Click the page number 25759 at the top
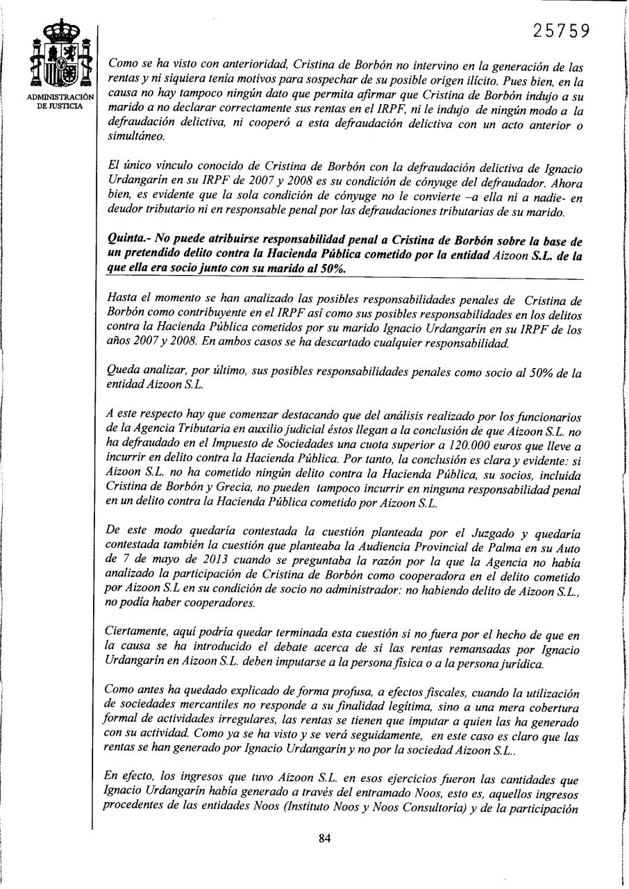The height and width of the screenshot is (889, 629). tap(562, 31)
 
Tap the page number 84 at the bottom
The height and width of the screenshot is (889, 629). tap(324, 838)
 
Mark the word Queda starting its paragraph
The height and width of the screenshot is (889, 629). tap(122, 373)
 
